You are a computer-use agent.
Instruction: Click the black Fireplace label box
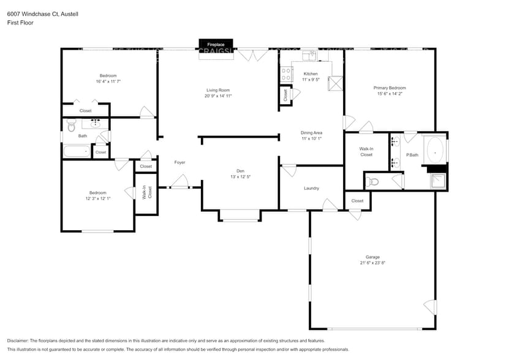pyautogui.click(x=215, y=45)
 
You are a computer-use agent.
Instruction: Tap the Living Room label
pyautogui.click(x=217, y=90)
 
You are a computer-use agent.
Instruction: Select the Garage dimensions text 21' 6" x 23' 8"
pyautogui.click(x=372, y=263)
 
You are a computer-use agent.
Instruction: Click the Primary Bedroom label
pyautogui.click(x=390, y=88)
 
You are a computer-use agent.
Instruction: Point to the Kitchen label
pyautogui.click(x=311, y=73)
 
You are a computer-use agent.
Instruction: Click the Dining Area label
pyautogui.click(x=311, y=132)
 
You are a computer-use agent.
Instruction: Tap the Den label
pyautogui.click(x=241, y=171)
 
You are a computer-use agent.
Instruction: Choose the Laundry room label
pyautogui.click(x=311, y=188)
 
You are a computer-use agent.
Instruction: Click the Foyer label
pyautogui.click(x=179, y=162)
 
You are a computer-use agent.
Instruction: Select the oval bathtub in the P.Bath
pyautogui.click(x=435, y=149)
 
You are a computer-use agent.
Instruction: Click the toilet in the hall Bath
pyautogui.click(x=70, y=126)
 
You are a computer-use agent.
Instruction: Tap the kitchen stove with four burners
pyautogui.click(x=285, y=74)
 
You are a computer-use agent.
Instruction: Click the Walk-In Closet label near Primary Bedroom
pyautogui.click(x=366, y=152)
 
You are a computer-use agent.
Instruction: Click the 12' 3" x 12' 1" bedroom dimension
pyautogui.click(x=98, y=198)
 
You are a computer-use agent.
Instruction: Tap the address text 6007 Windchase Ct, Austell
pyautogui.click(x=38, y=13)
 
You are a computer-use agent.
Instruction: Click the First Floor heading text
pyautogui.click(x=20, y=23)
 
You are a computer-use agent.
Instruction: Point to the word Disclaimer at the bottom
pyautogui.click(x=18, y=340)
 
